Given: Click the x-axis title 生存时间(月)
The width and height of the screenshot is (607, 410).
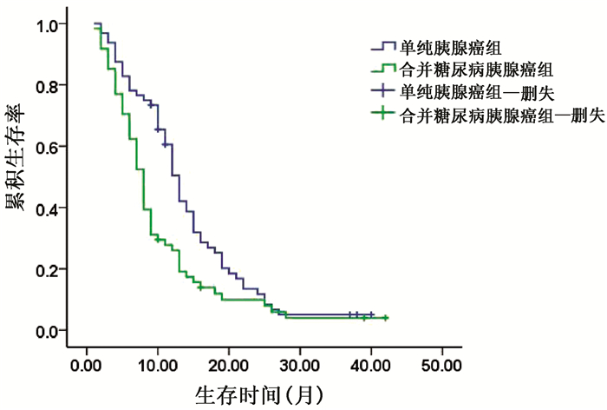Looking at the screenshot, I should point(258,394).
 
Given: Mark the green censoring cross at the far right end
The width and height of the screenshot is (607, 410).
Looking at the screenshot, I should point(385,318).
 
